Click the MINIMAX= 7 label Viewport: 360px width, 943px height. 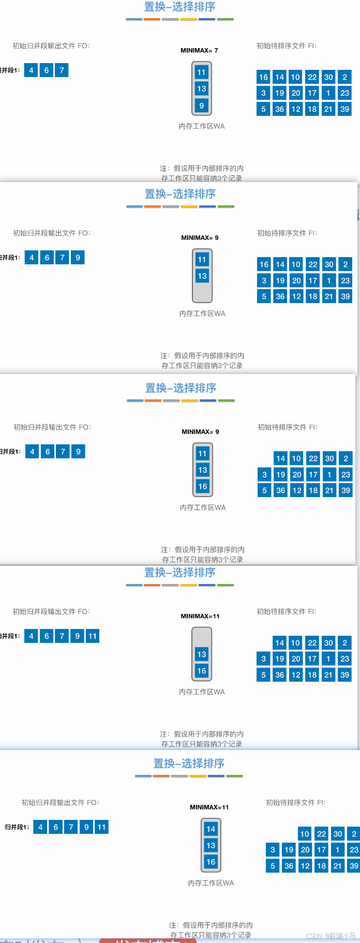tap(199, 50)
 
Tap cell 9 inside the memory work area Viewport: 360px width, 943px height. tap(201, 106)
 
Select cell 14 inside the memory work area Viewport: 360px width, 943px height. tap(211, 829)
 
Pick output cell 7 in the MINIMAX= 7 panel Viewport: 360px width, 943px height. tap(62, 70)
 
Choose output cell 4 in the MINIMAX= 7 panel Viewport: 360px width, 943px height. tap(31, 70)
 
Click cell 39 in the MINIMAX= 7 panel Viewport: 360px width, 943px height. tap(344, 109)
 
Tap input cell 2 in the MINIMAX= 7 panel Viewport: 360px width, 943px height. tap(344, 77)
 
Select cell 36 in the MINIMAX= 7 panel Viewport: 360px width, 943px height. tap(279, 109)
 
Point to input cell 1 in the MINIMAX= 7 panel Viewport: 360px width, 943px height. tap(328, 93)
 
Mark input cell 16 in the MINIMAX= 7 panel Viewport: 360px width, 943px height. tap(263, 77)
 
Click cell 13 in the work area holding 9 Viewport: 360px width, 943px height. tap(201, 88)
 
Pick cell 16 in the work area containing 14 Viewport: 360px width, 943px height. tap(211, 862)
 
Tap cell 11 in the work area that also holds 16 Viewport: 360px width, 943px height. tap(202, 454)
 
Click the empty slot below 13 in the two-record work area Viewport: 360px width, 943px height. tap(202, 292)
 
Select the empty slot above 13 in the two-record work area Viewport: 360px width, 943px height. tap(202, 637)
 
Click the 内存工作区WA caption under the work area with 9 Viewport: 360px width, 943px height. tap(202, 126)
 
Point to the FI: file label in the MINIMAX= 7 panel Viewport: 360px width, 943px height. tap(287, 46)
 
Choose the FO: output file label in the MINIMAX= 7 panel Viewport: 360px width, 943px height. tap(51, 46)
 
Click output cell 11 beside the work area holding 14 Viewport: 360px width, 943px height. tap(101, 827)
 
